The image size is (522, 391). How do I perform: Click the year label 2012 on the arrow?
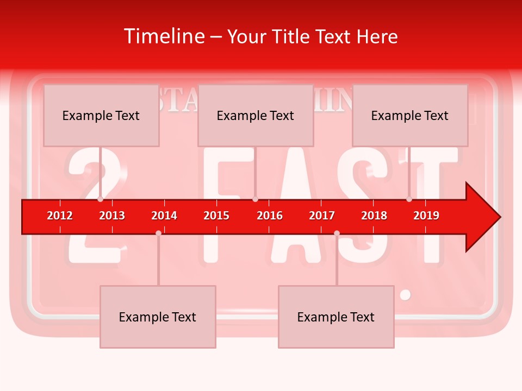(x=60, y=216)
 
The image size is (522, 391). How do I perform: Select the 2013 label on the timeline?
(x=112, y=216)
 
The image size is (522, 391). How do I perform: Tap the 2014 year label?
(x=164, y=216)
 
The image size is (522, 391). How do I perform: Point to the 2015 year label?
(x=216, y=216)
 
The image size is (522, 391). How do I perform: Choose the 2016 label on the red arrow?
(x=270, y=216)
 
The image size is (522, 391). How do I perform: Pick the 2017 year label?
(x=322, y=216)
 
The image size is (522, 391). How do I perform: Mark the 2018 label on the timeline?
(x=374, y=216)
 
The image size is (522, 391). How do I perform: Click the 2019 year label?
(x=426, y=216)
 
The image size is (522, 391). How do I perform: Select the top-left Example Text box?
(x=101, y=116)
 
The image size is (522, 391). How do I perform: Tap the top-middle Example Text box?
(x=256, y=116)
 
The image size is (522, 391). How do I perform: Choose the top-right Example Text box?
(x=410, y=116)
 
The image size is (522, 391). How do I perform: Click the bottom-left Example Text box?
(x=158, y=317)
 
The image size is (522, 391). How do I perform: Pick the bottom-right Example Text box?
(x=336, y=317)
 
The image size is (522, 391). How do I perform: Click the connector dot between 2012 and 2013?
(x=101, y=199)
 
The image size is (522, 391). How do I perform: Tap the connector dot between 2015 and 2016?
(x=255, y=199)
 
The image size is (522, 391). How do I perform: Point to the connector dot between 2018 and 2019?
(x=409, y=199)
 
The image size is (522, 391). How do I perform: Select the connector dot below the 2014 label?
(x=158, y=233)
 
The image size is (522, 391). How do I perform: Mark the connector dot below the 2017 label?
(x=337, y=233)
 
